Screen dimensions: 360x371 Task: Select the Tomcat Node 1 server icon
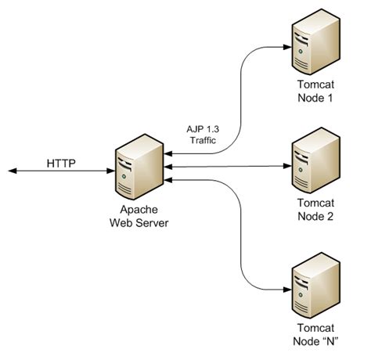315,45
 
